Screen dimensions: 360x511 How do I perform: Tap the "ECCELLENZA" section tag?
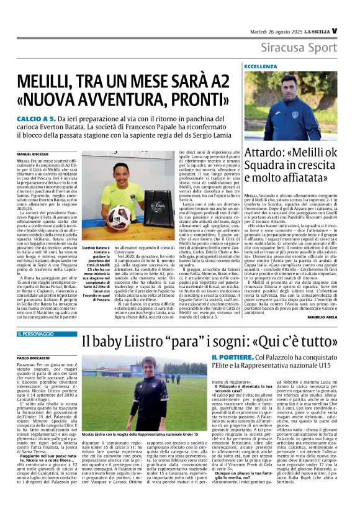coord(261,66)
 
